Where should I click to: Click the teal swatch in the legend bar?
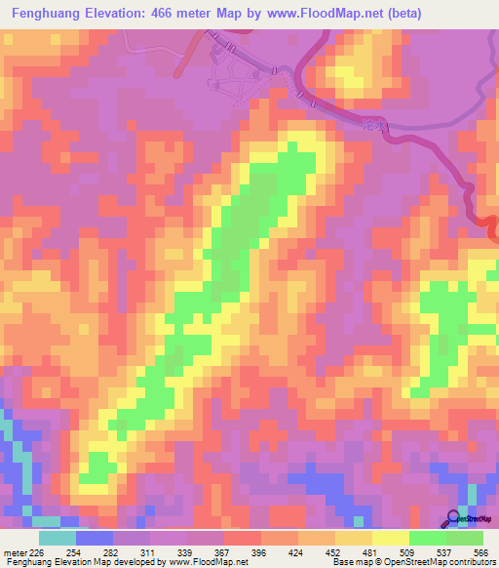58,538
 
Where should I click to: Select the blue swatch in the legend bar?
95,538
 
